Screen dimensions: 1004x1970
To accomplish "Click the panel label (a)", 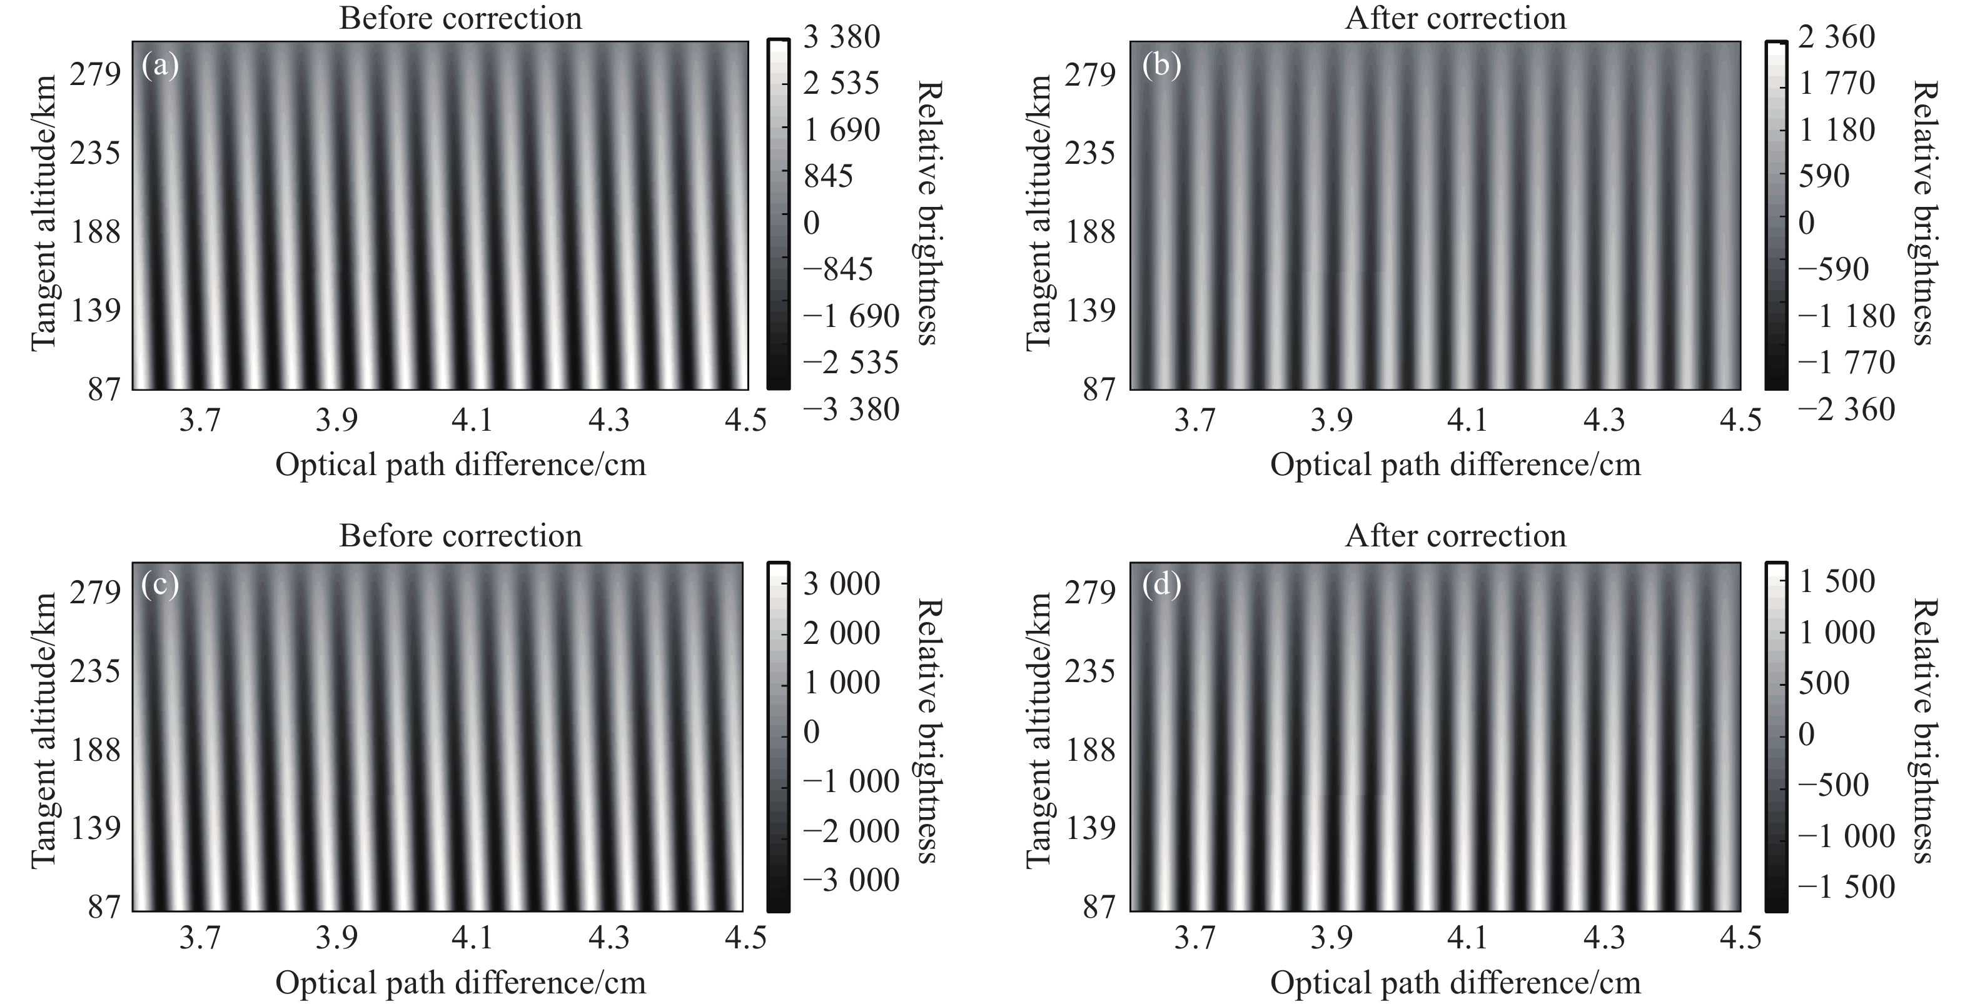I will point(160,66).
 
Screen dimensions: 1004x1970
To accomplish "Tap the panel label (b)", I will point(1161,66).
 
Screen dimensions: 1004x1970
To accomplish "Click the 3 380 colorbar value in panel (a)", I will point(841,37).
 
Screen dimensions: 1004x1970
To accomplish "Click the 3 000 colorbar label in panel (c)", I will point(841,584).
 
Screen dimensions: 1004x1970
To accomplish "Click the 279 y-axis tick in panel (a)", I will point(96,75).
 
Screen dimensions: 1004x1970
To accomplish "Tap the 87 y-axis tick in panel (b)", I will point(1099,390).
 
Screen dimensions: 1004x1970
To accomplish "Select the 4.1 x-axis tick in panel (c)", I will point(473,938).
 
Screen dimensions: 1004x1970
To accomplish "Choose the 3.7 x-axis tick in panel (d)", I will point(1195,938).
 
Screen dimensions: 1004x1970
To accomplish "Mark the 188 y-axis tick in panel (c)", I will point(96,750).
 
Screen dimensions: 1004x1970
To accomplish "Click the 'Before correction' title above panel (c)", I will point(460,536).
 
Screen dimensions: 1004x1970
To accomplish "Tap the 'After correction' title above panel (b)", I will point(1455,18).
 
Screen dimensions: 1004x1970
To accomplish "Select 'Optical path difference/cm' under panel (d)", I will point(1455,983).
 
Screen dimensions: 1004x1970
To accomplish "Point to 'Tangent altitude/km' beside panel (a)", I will point(44,213).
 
